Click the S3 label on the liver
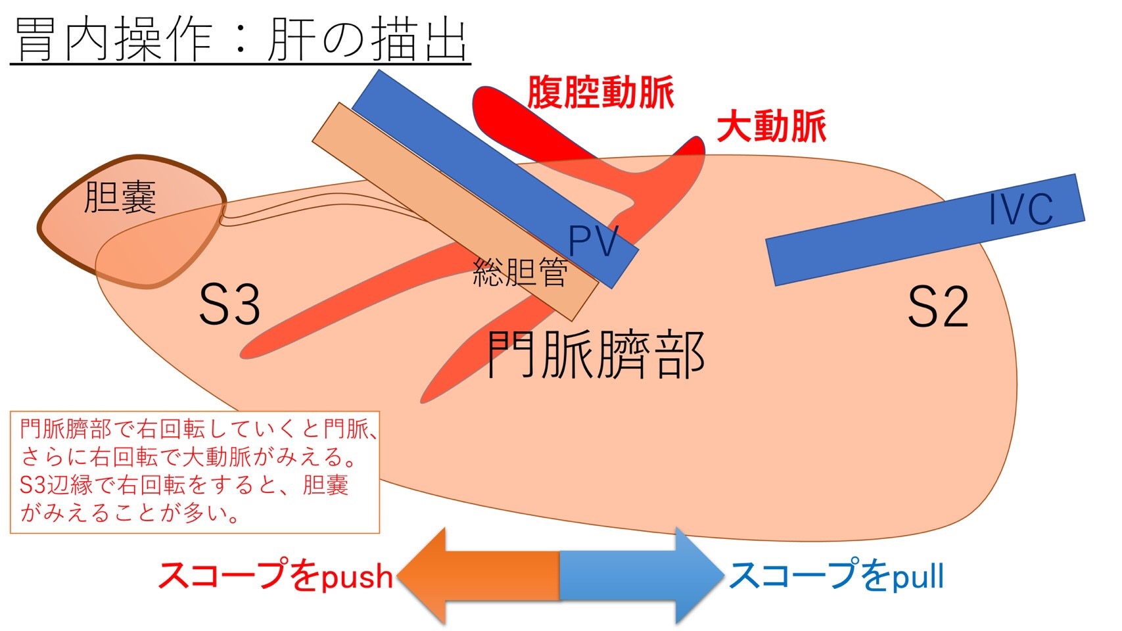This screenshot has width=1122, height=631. pyautogui.click(x=229, y=304)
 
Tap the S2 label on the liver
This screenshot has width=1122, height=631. pyautogui.click(x=938, y=307)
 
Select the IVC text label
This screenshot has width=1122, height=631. pyautogui.click(x=1020, y=209)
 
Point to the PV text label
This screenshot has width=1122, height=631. pyautogui.click(x=593, y=241)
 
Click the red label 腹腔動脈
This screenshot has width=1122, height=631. pyautogui.click(x=601, y=92)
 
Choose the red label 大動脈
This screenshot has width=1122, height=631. pyautogui.click(x=770, y=126)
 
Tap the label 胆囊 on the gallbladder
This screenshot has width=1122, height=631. pyautogui.click(x=120, y=197)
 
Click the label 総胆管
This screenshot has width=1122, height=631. pyautogui.click(x=520, y=271)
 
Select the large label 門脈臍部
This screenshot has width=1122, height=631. pyautogui.click(x=596, y=354)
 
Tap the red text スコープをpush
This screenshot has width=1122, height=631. pyautogui.click(x=275, y=576)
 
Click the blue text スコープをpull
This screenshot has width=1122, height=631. pyautogui.click(x=836, y=576)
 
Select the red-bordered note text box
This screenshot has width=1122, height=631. pyautogui.click(x=195, y=472)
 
